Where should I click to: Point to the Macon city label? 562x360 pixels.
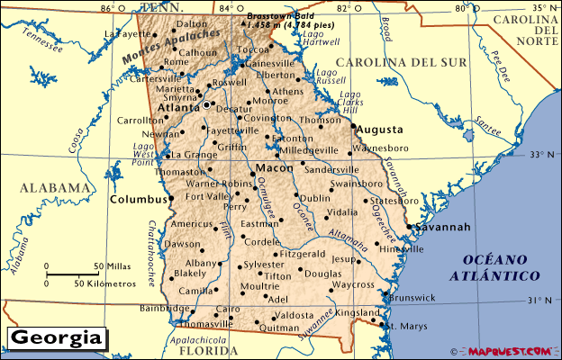pos(273,168)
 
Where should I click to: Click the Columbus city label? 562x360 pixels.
pos(137,198)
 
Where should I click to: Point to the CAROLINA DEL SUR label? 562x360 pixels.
pos(401,62)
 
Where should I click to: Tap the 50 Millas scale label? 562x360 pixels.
pos(112,267)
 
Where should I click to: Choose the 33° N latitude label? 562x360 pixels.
pos(541,155)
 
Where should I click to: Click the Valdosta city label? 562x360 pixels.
pos(295,315)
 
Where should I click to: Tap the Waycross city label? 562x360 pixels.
pos(353,285)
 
